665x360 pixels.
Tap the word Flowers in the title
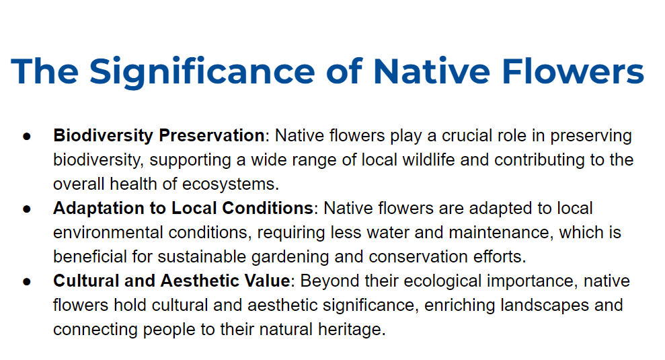573,71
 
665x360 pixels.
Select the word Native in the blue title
432,71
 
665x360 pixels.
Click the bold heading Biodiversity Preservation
159,135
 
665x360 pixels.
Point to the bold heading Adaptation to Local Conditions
183,208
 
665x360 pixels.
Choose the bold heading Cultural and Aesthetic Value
171,281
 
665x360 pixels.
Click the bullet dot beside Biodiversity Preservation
27,137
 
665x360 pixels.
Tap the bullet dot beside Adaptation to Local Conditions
27,209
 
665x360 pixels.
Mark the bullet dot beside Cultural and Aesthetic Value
27,281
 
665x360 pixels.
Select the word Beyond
329,281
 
